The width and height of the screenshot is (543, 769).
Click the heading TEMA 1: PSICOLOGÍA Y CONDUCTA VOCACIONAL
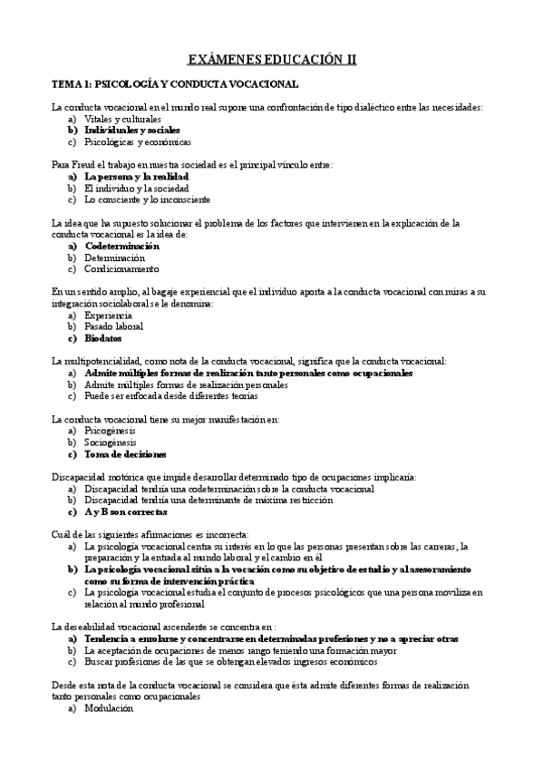pos(175,84)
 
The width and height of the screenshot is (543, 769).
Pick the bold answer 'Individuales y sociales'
pos(131,131)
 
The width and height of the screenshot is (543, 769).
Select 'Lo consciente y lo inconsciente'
pos(147,200)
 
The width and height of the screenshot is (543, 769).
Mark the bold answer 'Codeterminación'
pos(121,246)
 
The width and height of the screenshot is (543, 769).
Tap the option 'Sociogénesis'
pos(110,443)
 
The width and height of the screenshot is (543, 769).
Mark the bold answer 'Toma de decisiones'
pos(125,454)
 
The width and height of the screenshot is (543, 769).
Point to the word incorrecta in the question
pos(218,534)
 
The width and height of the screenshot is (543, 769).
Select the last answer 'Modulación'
pos(109,708)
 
